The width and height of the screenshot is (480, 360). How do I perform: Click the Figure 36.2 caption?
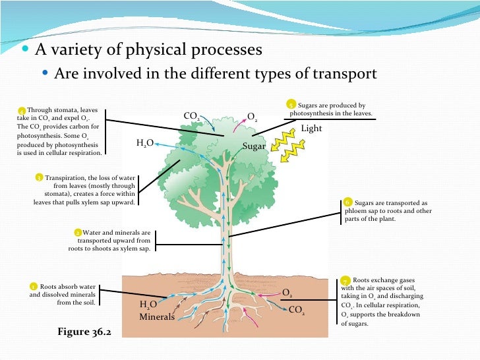(x=84, y=332)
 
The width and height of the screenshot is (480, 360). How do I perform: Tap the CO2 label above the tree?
(x=192, y=116)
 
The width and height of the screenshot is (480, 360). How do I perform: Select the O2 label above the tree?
(x=252, y=117)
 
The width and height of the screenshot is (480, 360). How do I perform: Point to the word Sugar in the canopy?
(x=254, y=146)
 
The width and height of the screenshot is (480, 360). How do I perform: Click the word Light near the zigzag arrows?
(x=311, y=128)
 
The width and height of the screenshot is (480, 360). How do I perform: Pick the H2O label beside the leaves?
(x=145, y=142)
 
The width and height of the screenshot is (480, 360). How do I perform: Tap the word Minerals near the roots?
(x=157, y=316)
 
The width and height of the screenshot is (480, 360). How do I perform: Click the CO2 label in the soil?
(x=296, y=309)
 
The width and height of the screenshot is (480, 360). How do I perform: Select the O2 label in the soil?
(x=287, y=292)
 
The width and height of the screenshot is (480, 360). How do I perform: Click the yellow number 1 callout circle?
(x=33, y=287)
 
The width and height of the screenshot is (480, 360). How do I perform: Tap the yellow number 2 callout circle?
(x=78, y=233)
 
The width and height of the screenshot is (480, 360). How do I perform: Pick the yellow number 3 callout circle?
(x=39, y=177)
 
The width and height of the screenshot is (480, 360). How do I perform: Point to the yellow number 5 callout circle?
(x=291, y=104)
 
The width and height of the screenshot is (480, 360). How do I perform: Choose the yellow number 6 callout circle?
(x=347, y=202)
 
